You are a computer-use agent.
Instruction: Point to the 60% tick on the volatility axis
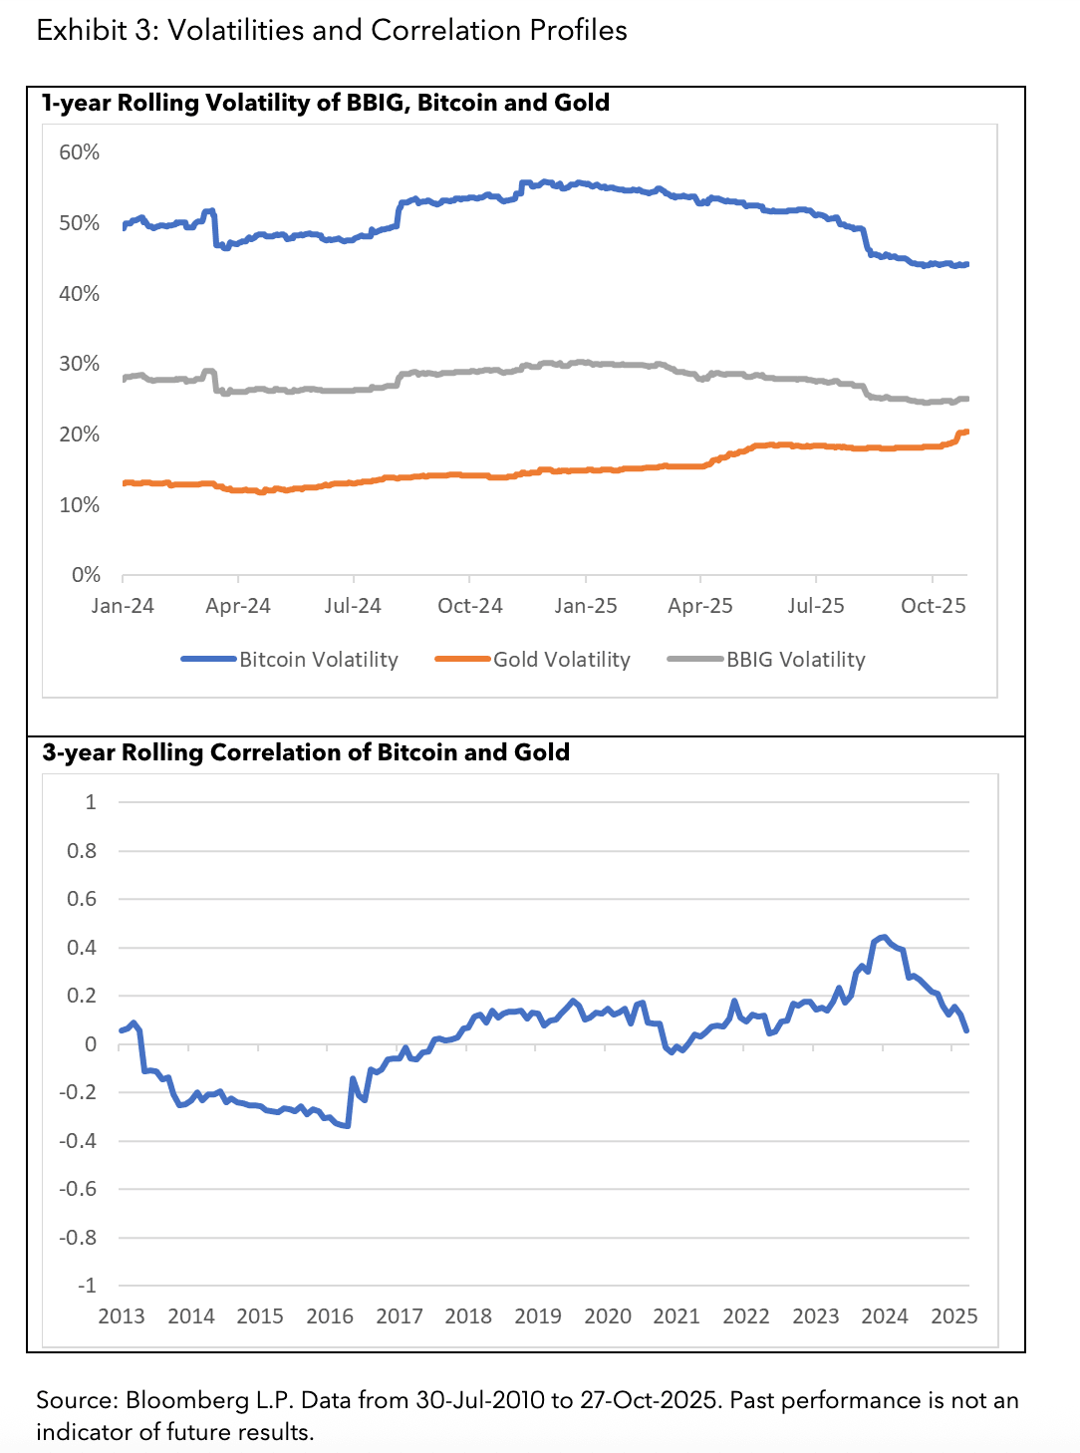(x=80, y=152)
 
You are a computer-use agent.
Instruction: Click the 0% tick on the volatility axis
(x=86, y=575)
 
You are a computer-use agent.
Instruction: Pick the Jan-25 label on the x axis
(x=586, y=606)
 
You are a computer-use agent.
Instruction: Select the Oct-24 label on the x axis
(x=470, y=606)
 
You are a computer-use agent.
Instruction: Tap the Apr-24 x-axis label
(x=238, y=606)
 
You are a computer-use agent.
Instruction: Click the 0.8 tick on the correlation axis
(x=82, y=851)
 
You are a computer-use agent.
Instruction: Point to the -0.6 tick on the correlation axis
(x=79, y=1189)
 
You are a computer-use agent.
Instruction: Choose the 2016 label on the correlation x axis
(x=330, y=1316)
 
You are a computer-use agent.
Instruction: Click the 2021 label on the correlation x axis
(x=676, y=1316)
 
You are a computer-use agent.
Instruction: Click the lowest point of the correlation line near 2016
(x=347, y=1126)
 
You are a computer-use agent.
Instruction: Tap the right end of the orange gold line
(x=966, y=432)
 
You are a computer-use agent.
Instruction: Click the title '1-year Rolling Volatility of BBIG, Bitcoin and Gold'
(x=326, y=103)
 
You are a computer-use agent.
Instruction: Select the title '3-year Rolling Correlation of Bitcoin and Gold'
(x=306, y=752)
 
